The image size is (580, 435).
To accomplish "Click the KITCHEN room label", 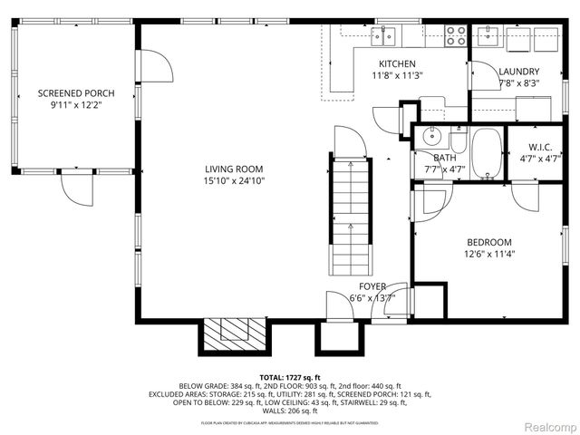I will coord(397,63).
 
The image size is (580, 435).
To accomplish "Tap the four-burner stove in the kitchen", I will coord(456,35).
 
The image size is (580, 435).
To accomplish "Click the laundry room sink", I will coord(488,35).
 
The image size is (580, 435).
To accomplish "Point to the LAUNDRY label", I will coord(519,72).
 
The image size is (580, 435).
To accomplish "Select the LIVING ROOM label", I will coord(233,169).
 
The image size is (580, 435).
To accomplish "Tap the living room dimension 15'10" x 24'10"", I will coord(233,180).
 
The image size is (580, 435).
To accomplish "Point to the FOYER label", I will coord(372,286).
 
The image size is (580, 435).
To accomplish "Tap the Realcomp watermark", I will coord(546,426).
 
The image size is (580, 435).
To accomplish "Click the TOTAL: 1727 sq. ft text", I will coord(290,377).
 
